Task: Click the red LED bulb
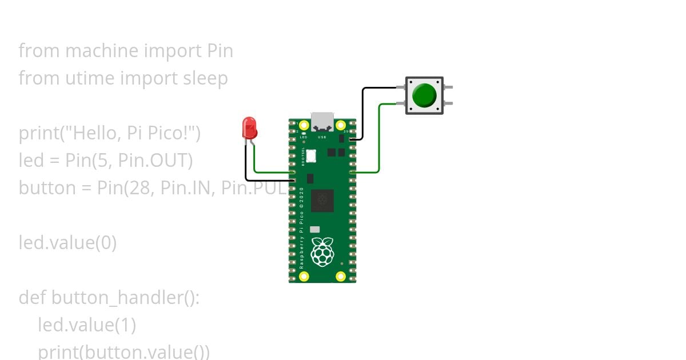[x=249, y=127]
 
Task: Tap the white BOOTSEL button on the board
[x=311, y=155]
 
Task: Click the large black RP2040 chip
[x=322, y=201]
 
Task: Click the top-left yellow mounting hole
[x=304, y=126]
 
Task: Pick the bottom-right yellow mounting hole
[x=341, y=277]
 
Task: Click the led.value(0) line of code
[x=67, y=243]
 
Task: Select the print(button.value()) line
[x=123, y=351]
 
